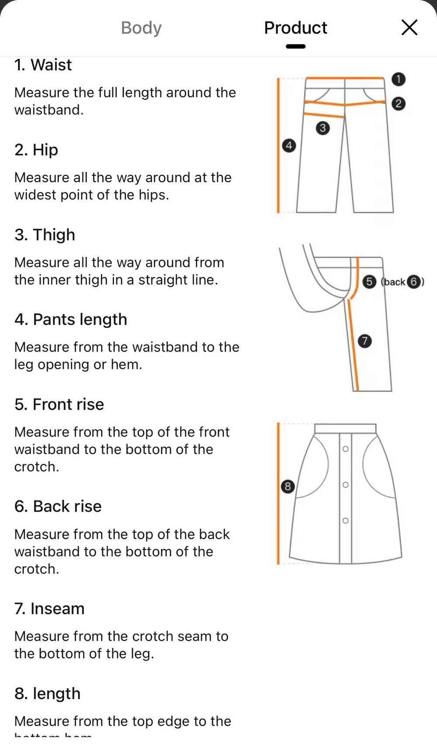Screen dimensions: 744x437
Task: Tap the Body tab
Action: click(141, 28)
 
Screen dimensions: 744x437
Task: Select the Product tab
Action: click(295, 28)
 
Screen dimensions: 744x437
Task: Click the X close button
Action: click(409, 28)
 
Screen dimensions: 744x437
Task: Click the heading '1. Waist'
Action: click(43, 65)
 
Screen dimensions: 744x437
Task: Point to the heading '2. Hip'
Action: click(36, 150)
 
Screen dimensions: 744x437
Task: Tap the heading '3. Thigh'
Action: click(45, 235)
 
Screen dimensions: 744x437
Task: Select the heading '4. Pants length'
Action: click(70, 320)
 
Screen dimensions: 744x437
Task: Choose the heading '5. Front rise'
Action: click(59, 404)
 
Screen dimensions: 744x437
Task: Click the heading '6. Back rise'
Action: click(58, 506)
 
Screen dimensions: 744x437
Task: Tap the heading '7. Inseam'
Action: click(49, 609)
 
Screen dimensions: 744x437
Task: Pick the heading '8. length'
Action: click(47, 693)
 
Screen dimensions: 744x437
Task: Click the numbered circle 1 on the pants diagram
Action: click(398, 79)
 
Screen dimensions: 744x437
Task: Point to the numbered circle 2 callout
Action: click(398, 103)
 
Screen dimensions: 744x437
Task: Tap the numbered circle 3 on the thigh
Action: click(323, 128)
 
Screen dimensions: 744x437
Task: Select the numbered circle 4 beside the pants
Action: click(289, 145)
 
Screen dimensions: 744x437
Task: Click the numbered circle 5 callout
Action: click(369, 282)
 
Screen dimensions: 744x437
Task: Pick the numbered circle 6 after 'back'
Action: click(413, 282)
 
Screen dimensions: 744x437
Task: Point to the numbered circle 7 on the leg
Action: click(364, 341)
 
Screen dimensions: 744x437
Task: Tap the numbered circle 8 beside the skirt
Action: click(288, 486)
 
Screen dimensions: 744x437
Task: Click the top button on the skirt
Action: click(345, 449)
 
